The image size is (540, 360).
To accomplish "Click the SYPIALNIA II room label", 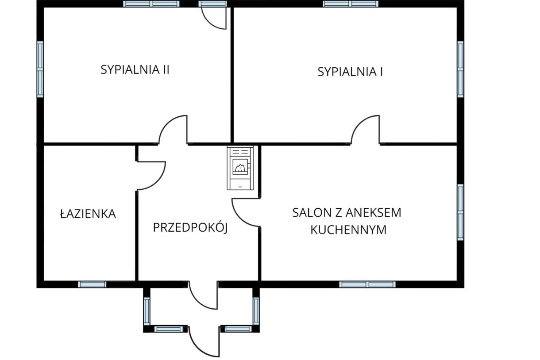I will pos(135,69).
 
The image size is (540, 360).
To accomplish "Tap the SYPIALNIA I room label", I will pos(350,72).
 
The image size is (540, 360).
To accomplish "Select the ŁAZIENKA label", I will pos(88,214).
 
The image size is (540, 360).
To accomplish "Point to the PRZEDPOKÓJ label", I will pos(190,228).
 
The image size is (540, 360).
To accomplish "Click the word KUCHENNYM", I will pos(348,230).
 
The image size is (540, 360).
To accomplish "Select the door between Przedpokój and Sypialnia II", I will pos(174,130).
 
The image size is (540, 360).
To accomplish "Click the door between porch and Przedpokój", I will pos(204,295).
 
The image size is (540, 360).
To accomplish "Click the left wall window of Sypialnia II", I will pos(40,69).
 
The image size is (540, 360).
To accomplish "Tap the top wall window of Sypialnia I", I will pos(351,4).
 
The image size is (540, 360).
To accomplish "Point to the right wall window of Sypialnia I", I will pos(460,69).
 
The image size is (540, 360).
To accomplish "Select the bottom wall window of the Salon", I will pos(367,284).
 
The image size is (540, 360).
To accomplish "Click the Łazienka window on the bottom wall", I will pos(92,284).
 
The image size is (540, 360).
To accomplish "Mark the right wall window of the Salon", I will pos(460,212).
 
